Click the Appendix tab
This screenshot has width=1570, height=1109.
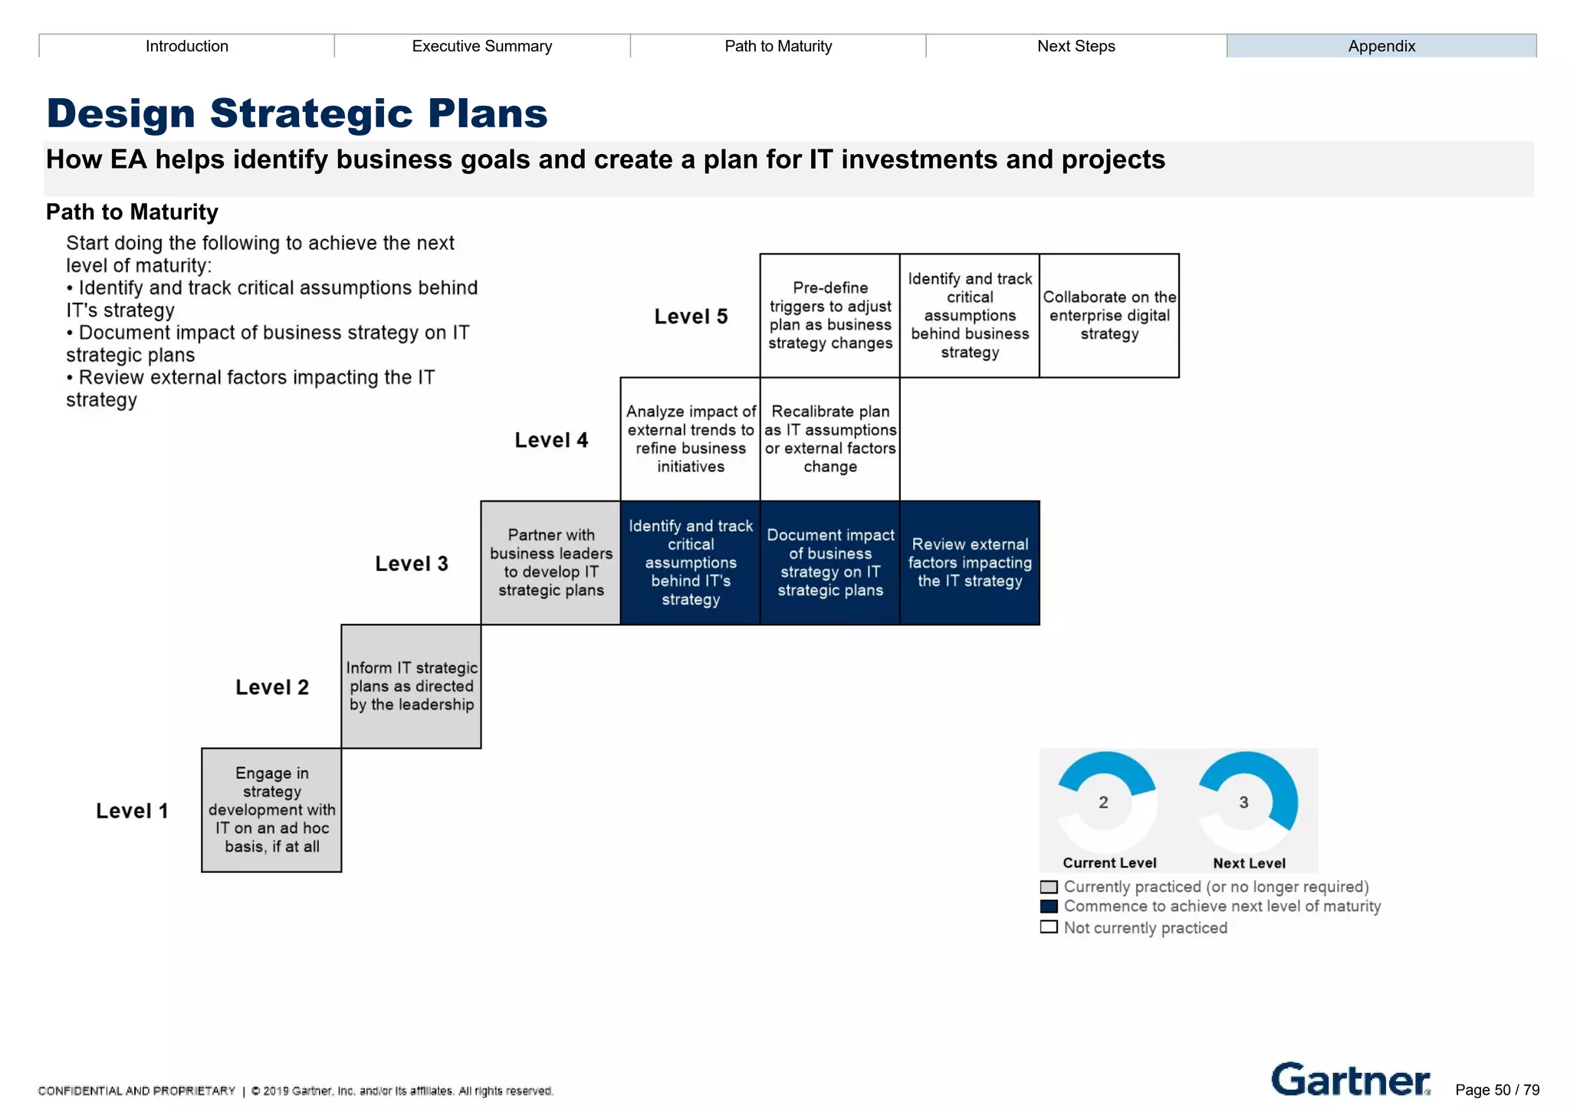[1381, 46]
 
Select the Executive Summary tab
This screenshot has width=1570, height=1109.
[481, 46]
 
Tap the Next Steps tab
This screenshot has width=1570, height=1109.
[1076, 46]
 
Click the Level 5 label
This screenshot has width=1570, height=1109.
[690, 317]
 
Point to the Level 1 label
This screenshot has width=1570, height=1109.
[132, 811]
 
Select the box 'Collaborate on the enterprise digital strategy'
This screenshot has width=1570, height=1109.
[1109, 316]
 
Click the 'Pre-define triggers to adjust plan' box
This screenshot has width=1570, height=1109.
[829, 316]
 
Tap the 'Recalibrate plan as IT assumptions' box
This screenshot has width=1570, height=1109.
[829, 439]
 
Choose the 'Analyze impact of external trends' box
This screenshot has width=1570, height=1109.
[690, 439]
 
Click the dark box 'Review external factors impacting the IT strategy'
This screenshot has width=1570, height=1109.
[969, 563]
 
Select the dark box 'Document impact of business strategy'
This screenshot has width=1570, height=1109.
[829, 563]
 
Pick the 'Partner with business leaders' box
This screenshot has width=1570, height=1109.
[550, 563]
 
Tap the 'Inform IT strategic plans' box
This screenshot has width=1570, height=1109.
[411, 686]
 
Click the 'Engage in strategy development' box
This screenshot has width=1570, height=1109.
[271, 810]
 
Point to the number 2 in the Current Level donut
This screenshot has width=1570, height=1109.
[1103, 802]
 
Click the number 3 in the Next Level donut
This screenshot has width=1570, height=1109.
[1243, 802]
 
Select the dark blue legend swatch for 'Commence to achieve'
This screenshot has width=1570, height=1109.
[1049, 907]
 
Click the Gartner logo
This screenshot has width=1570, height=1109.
[1350, 1080]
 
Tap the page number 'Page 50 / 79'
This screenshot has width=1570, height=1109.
[1497, 1090]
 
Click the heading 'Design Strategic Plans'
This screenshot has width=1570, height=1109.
[297, 113]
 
